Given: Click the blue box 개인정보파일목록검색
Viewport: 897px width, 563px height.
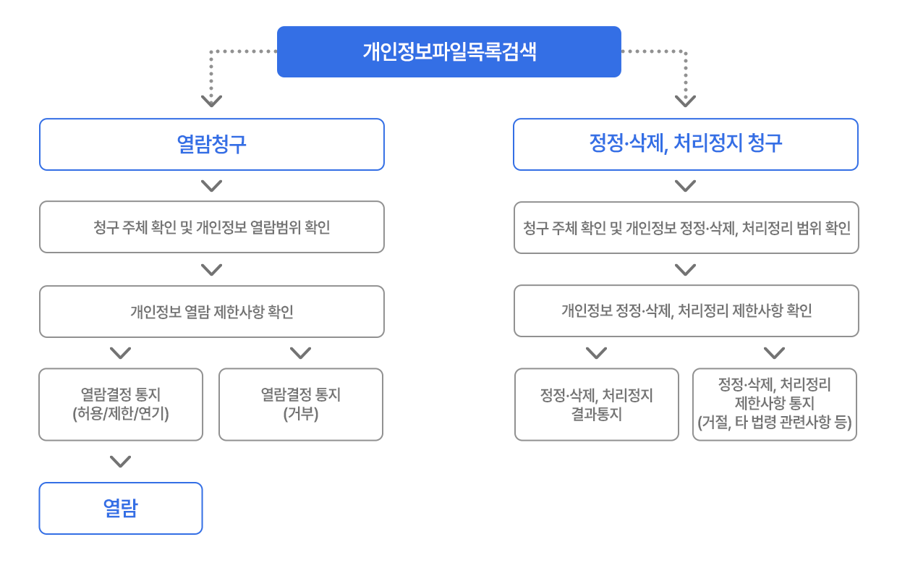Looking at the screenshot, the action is (449, 51).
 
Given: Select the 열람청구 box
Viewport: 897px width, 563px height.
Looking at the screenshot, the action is (212, 144).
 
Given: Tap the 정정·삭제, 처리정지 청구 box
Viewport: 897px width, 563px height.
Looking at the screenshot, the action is (686, 144).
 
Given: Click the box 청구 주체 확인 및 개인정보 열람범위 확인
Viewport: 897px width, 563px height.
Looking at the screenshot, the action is (212, 227).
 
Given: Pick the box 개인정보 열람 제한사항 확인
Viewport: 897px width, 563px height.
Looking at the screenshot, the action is (212, 311).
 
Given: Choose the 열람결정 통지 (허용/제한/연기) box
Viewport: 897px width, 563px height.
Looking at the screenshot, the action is (121, 405).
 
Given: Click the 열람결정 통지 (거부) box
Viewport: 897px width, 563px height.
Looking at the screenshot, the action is (301, 405).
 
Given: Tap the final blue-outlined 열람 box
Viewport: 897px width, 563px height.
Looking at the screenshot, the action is (121, 508).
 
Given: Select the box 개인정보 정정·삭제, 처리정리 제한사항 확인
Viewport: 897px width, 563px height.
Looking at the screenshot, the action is (686, 311).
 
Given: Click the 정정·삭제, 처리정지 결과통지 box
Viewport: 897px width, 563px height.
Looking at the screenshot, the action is (597, 405).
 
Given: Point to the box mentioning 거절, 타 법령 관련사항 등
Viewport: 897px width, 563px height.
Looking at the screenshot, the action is (775, 405).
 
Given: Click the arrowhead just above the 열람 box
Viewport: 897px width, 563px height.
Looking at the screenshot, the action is (121, 461).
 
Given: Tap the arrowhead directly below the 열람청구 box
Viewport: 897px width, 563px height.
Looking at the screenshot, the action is (211, 186).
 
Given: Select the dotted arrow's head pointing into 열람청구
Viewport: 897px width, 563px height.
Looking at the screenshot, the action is (211, 101).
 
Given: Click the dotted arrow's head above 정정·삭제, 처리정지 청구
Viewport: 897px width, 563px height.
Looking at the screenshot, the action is (685, 101).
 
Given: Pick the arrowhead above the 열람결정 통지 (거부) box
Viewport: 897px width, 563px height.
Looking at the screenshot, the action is (301, 353).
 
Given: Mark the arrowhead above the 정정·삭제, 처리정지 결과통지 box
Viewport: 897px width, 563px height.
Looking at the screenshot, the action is (596, 353).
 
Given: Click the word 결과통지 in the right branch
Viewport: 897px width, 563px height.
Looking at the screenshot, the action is (597, 414).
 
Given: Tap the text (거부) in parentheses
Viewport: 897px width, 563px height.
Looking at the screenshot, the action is (301, 414).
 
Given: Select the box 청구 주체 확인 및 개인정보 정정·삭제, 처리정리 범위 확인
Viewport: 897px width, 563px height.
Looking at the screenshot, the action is (686, 228).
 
